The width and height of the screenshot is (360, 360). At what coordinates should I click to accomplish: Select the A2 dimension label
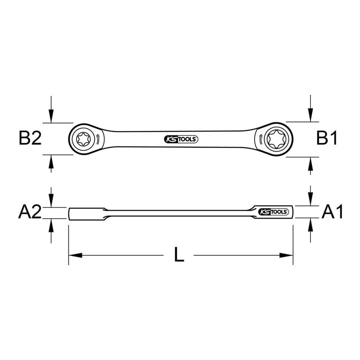30,212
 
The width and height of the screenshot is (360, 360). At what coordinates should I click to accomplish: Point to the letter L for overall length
179,256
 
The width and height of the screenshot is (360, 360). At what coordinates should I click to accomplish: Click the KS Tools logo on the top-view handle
180,139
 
